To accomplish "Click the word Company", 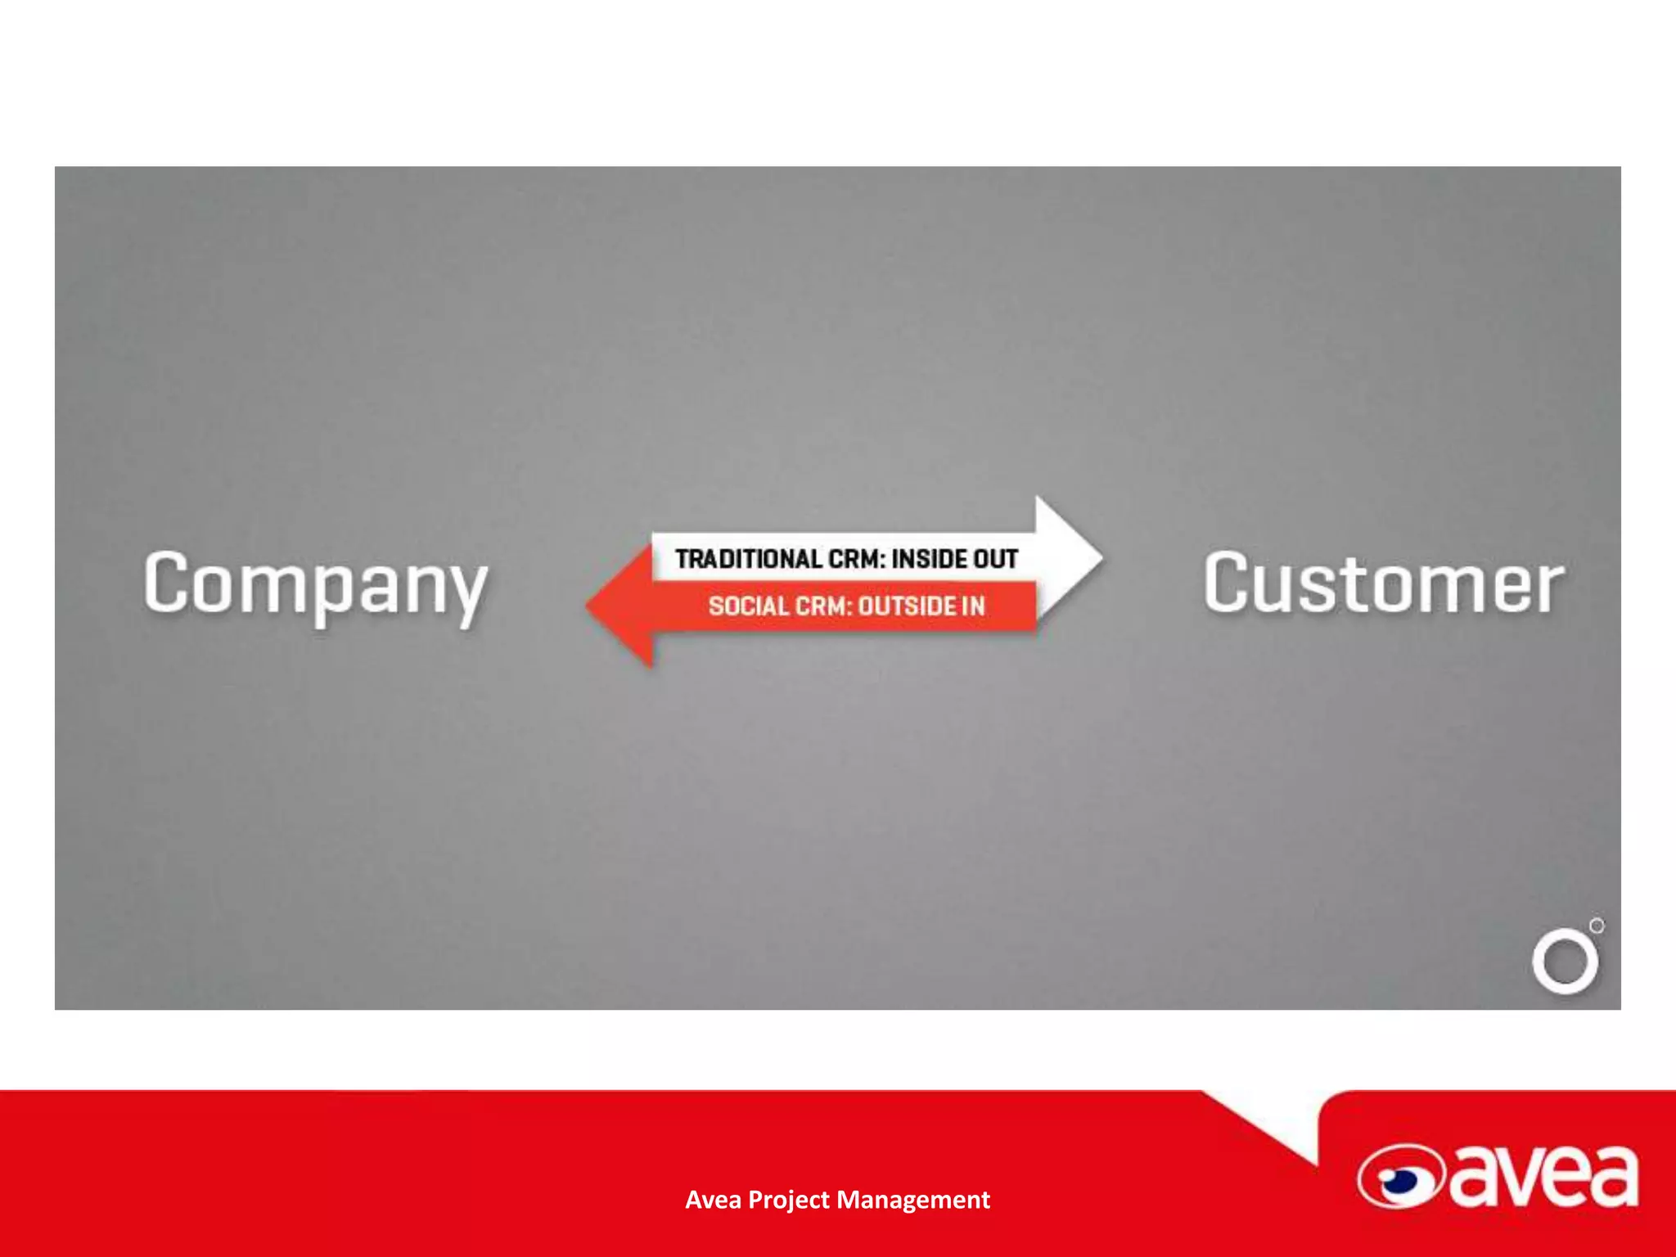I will [x=315, y=584].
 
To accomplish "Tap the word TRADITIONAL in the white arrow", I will [x=748, y=559].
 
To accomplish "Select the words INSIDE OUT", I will [x=955, y=559].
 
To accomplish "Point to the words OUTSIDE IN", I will [x=921, y=606].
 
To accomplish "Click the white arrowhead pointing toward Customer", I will [x=1069, y=558].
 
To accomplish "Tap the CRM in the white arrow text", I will [x=855, y=559].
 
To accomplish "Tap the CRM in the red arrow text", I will [x=822, y=606].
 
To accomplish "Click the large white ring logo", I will [x=1565, y=961].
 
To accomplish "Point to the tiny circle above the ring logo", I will [x=1597, y=926].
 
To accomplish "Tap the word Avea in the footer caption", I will [x=713, y=1200].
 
